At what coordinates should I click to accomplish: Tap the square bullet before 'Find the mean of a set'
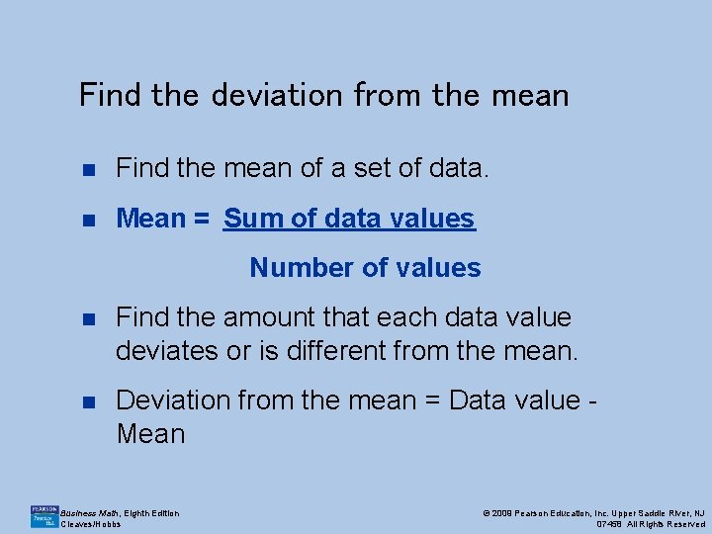(88, 169)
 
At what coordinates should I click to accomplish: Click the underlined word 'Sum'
(255, 219)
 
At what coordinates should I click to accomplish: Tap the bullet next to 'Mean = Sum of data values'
(88, 219)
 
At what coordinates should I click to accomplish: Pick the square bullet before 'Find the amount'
(88, 318)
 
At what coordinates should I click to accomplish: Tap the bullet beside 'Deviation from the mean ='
(88, 400)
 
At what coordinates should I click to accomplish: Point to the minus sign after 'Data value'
(593, 400)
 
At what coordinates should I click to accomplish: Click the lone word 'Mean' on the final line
(150, 433)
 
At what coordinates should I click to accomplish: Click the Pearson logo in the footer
(44, 515)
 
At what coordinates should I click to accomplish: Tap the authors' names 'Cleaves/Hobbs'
(91, 524)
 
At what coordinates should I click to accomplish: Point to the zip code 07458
(612, 524)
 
